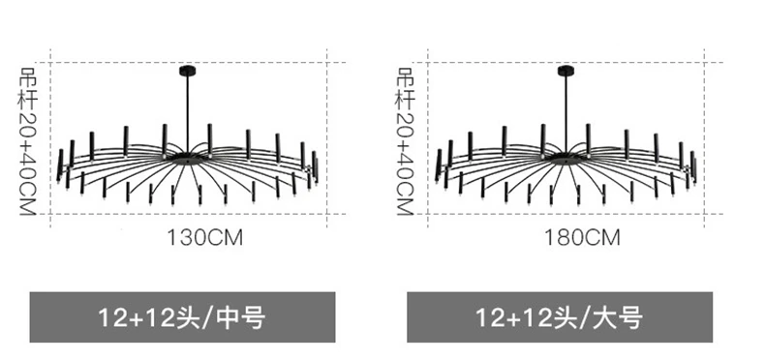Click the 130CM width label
[x=205, y=238]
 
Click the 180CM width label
[x=582, y=238]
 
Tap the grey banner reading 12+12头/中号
[x=182, y=317]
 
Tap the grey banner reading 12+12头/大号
[x=560, y=317]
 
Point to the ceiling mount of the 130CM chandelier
[x=188, y=72]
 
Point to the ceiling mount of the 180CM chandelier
[x=566, y=72]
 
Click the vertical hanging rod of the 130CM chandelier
[x=188, y=114]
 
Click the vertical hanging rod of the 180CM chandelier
[x=566, y=114]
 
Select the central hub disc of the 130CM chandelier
[x=186, y=158]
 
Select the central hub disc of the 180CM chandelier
[x=564, y=158]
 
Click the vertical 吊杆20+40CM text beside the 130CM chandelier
[x=27, y=141]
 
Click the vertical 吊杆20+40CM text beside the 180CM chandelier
[x=405, y=141]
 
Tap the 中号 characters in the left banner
[x=241, y=317]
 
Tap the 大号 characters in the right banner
[x=618, y=317]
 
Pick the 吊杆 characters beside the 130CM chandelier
[x=27, y=88]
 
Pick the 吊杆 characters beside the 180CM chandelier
[x=405, y=88]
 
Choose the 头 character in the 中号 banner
[x=189, y=317]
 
